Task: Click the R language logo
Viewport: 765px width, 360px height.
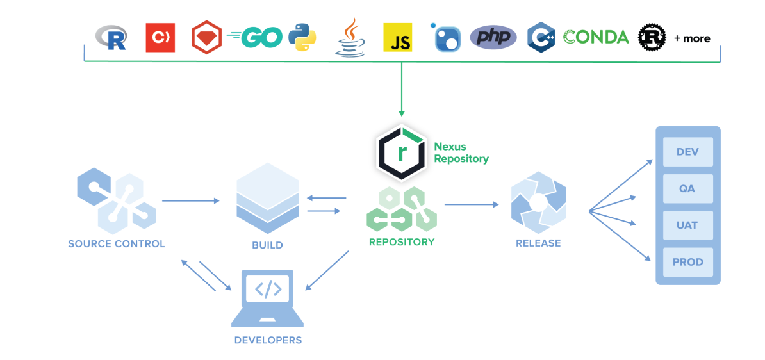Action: (111, 37)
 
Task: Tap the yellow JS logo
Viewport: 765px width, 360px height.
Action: (397, 37)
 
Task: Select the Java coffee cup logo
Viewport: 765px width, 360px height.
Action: (350, 37)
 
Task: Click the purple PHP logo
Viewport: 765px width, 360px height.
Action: (493, 37)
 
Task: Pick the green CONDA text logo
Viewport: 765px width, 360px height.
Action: (596, 37)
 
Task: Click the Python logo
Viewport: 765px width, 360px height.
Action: (302, 37)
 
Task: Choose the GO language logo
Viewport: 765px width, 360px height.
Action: (255, 37)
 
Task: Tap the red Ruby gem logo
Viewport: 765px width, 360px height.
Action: (206, 37)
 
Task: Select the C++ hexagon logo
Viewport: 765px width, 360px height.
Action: (541, 37)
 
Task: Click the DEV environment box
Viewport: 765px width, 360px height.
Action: (687, 152)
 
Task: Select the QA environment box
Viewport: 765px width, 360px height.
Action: (687, 189)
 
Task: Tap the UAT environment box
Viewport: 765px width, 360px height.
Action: (687, 225)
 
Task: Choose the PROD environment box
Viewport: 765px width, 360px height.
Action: (687, 262)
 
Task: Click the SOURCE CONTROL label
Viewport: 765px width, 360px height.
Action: (117, 244)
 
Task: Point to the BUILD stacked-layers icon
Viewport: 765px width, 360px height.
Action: (267, 199)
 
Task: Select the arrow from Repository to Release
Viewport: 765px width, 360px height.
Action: (471, 205)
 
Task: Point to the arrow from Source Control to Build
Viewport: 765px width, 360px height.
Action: (190, 201)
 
